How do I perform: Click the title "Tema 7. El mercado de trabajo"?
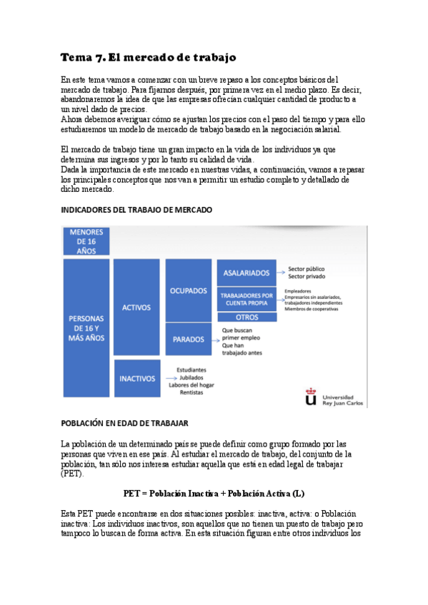pyautogui.click(x=148, y=57)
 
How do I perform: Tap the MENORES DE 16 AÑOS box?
pyautogui.click(x=86, y=241)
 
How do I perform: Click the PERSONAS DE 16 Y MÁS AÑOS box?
pyautogui.click(x=86, y=327)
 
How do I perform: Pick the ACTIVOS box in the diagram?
pyautogui.click(x=136, y=307)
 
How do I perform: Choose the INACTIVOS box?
pyautogui.click(x=136, y=378)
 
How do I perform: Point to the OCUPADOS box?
pyautogui.click(x=188, y=291)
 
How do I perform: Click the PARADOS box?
pyautogui.click(x=188, y=340)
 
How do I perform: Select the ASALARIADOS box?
pyautogui.click(x=246, y=273)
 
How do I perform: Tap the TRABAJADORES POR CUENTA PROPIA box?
pyautogui.click(x=246, y=299)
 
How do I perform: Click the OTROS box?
pyautogui.click(x=246, y=317)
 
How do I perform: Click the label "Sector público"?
pyautogui.click(x=306, y=269)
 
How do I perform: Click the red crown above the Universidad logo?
pyautogui.click(x=309, y=390)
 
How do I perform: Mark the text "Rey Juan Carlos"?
pyautogui.click(x=343, y=404)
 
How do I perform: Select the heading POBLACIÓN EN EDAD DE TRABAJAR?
pyautogui.click(x=124, y=423)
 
